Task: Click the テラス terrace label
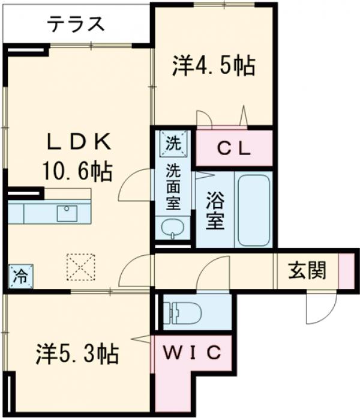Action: pos(76,25)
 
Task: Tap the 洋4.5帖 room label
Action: pos(214,66)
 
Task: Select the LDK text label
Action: pos(78,142)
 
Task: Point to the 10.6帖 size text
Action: pos(77,172)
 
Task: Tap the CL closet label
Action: pos(235,148)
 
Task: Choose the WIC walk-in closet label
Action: pos(191,353)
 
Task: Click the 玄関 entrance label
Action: pos(307,271)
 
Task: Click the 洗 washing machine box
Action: pos(173,144)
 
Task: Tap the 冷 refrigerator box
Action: pos(20,276)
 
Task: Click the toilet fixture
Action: pos(182,313)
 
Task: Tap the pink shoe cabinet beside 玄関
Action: pos(346,271)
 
